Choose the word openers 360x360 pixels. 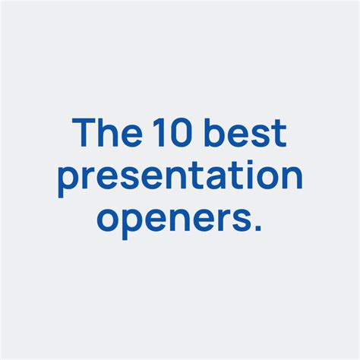pos(173,218)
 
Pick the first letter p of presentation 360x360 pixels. pos(68,182)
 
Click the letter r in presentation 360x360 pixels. pos(89,179)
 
